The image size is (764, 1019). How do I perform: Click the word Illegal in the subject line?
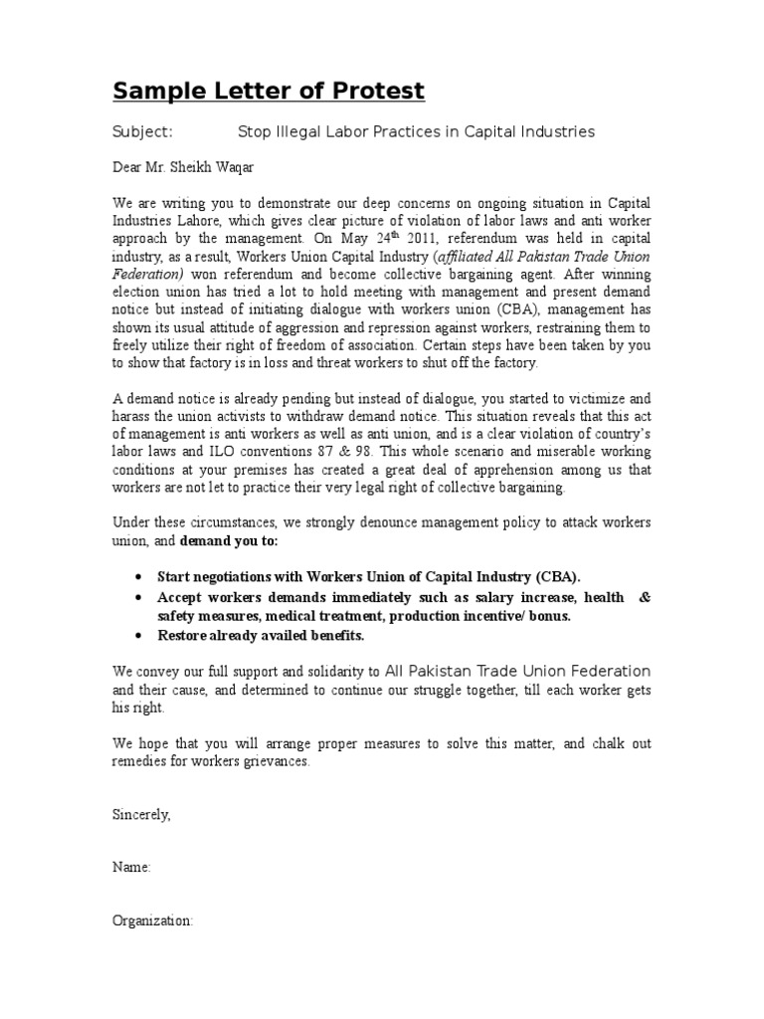pyautogui.click(x=297, y=131)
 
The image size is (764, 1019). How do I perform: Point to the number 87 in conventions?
pyautogui.click(x=351, y=453)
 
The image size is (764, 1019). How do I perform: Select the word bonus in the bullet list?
pyautogui.click(x=549, y=616)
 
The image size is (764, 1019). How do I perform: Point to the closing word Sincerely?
pyautogui.click(x=141, y=814)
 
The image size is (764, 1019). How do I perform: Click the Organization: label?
pyautogui.click(x=152, y=921)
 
